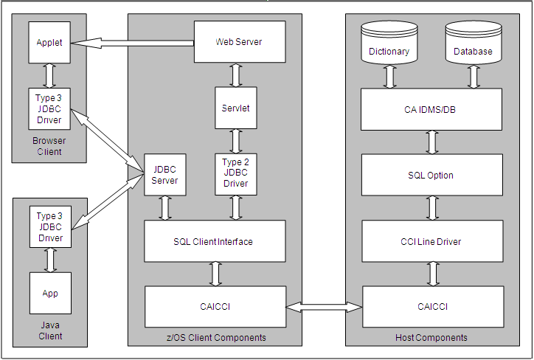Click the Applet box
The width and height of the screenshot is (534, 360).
pos(49,43)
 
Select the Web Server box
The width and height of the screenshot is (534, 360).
pos(238,42)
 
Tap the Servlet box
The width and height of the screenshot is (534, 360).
pos(235,108)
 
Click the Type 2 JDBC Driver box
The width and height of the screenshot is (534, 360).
pos(235,173)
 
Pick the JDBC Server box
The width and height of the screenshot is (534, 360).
pos(164,174)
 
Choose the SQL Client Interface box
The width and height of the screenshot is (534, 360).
pos(214,241)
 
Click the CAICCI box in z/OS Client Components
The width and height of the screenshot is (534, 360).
pos(214,306)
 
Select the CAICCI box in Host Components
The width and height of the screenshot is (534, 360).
pos(431,306)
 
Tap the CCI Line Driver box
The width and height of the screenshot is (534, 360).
pos(431,241)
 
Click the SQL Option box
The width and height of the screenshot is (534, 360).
pos(431,175)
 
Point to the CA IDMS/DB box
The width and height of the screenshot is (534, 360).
pos(431,110)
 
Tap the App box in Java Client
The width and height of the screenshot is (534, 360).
pos(49,293)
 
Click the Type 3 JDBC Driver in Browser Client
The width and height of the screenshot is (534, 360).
pos(49,108)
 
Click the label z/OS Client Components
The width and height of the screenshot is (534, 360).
pos(215,338)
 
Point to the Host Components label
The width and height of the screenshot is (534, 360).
pos(431,338)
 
